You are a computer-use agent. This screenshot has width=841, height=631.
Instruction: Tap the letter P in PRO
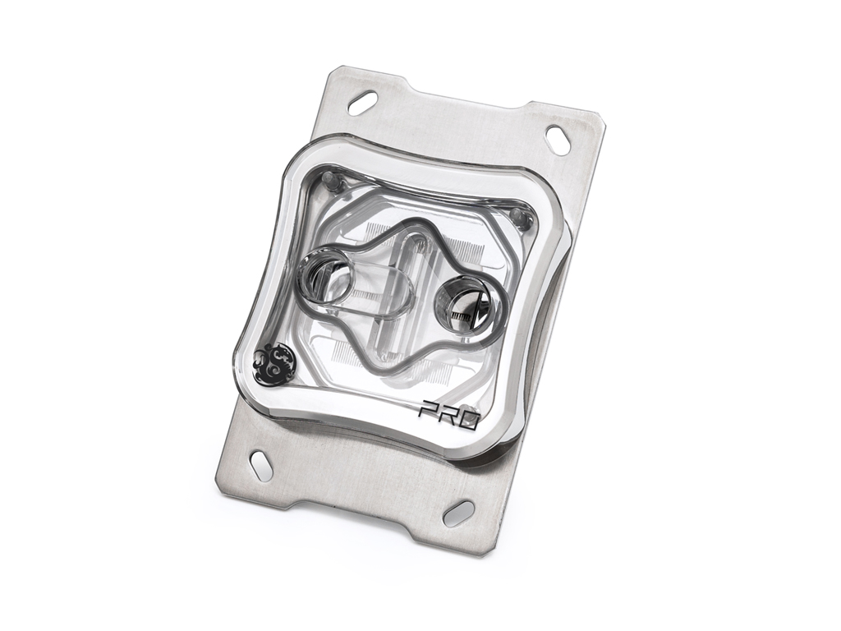[429, 408]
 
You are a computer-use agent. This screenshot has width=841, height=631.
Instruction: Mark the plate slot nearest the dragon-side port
[362, 103]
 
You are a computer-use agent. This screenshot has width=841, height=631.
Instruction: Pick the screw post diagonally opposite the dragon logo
[517, 216]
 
